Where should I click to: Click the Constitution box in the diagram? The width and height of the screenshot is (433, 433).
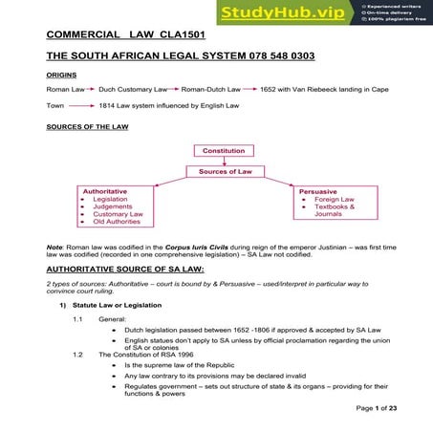223,150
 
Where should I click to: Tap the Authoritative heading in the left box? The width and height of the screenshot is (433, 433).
105,191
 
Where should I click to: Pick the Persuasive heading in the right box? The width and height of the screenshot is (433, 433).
317,191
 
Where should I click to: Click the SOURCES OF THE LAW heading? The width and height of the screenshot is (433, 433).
87,126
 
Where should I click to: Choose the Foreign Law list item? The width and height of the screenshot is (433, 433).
335,199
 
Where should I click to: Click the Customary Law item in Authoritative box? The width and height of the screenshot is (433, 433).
118,213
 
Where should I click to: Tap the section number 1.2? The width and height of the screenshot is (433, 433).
78,354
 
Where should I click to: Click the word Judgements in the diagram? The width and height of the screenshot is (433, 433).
114,206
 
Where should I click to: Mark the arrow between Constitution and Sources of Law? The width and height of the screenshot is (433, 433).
223,161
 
